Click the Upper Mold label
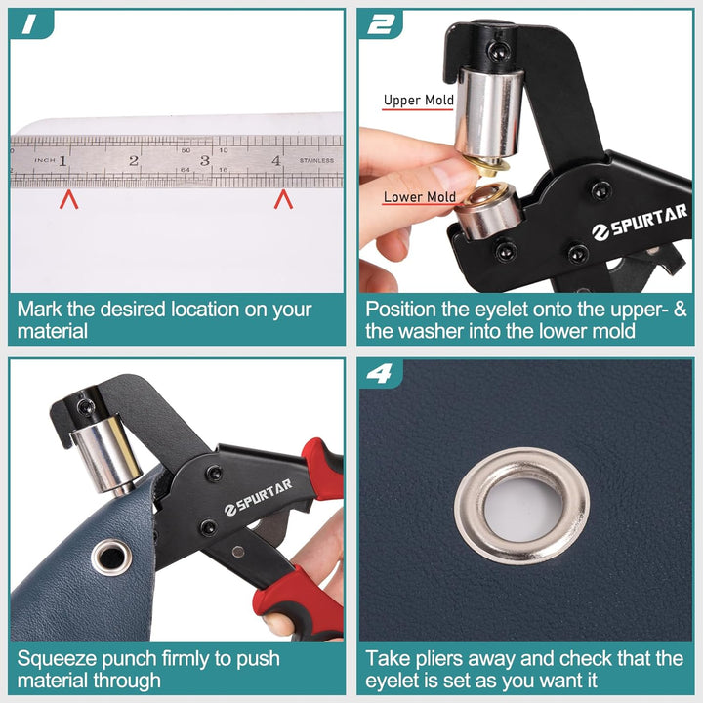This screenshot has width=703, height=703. (x=418, y=100)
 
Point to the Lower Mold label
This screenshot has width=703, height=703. (x=419, y=197)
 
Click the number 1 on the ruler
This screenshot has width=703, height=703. (x=62, y=160)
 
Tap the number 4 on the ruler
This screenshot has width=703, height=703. (x=277, y=160)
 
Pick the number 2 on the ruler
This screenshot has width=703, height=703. (x=134, y=160)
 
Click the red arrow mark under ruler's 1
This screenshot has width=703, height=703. (x=68, y=200)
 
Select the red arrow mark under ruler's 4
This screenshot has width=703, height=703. (x=283, y=200)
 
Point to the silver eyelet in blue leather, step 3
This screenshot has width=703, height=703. (x=110, y=558)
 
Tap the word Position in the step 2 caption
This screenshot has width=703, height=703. (x=400, y=310)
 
